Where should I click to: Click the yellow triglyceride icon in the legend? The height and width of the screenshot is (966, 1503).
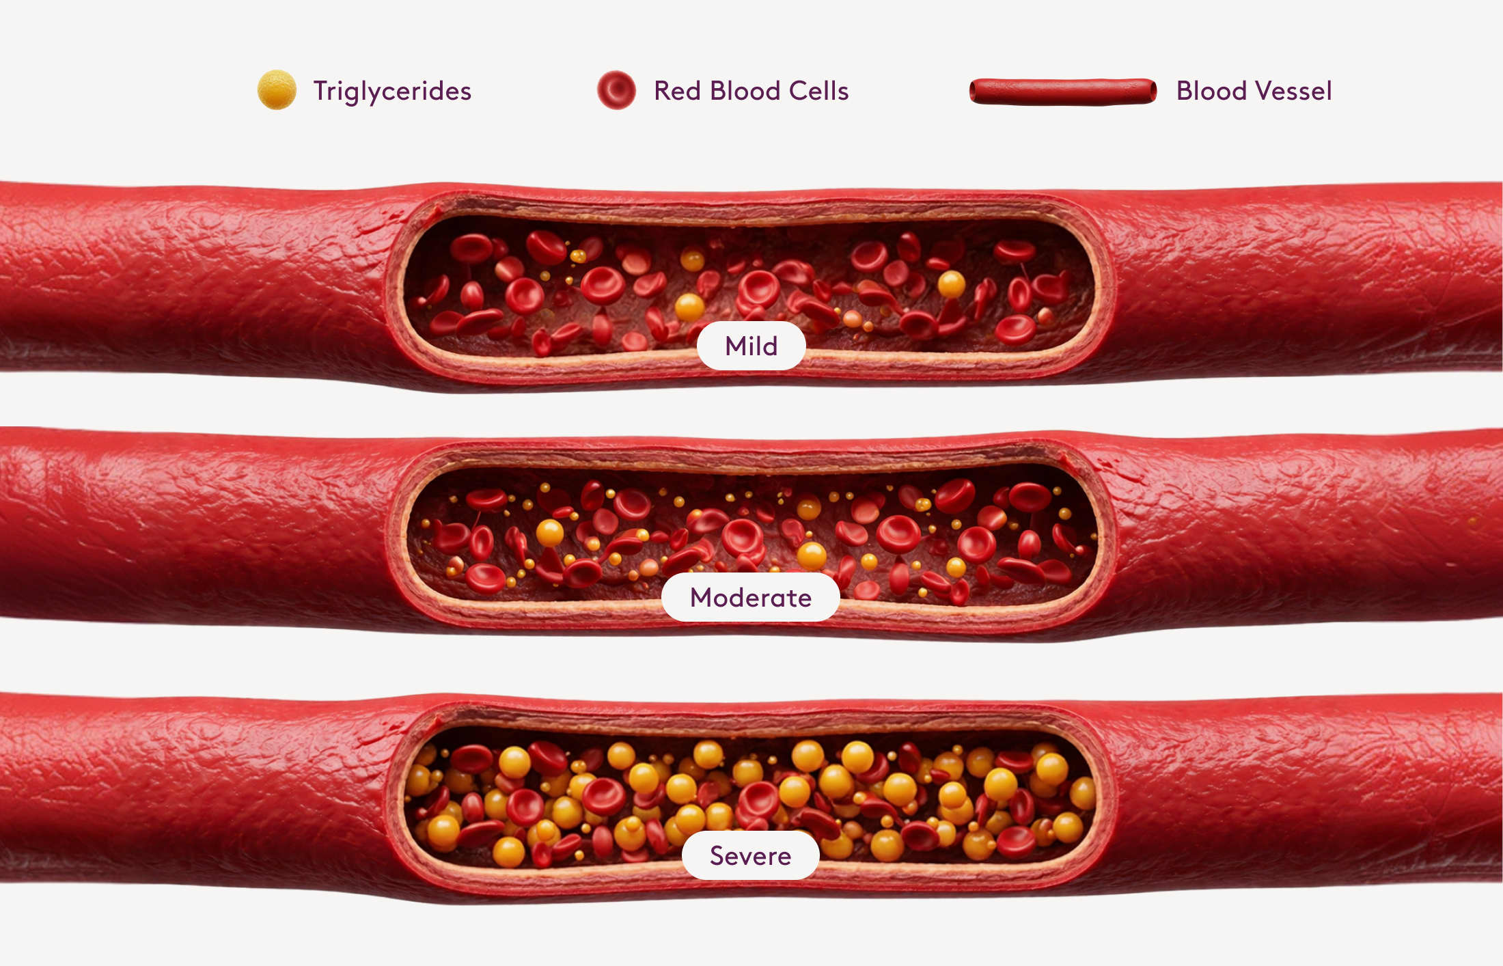pos(277,89)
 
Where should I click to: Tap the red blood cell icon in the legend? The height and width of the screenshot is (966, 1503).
pos(616,89)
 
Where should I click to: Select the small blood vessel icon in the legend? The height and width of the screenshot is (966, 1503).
pos(1063,92)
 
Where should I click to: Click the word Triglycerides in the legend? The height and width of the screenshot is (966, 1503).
pos(392,91)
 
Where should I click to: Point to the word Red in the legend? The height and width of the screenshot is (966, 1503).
pos(678,90)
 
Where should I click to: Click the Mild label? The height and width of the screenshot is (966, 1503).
pos(751,346)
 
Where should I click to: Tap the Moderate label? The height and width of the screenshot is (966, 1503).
pos(751,597)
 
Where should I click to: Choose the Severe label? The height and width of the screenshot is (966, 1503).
pos(751,855)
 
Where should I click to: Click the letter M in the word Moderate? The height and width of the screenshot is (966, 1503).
pos(702,597)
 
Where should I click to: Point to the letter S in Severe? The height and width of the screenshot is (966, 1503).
pos(717,855)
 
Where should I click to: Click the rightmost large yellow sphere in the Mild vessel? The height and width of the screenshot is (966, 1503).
pos(951,284)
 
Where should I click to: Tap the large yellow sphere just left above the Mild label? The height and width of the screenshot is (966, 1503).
pos(689,307)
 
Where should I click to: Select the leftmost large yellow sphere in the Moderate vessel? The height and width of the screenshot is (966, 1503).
pos(550,533)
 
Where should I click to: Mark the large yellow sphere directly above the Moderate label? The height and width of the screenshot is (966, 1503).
pos(812,556)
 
